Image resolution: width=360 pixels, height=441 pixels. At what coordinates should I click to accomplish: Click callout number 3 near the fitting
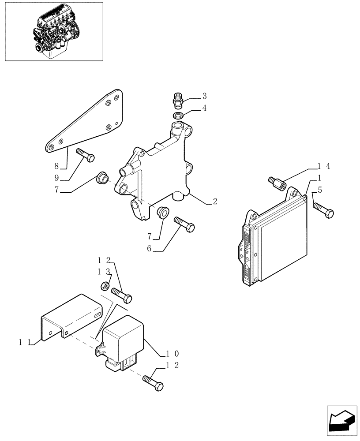click(x=205, y=96)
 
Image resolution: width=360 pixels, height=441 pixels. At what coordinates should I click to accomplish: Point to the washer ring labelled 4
click(x=179, y=116)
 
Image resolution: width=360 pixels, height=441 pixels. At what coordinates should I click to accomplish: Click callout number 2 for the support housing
click(x=215, y=202)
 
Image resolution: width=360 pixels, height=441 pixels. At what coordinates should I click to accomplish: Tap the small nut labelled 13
click(x=106, y=285)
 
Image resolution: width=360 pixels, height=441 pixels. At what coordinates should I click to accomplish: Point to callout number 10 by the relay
click(x=172, y=354)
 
